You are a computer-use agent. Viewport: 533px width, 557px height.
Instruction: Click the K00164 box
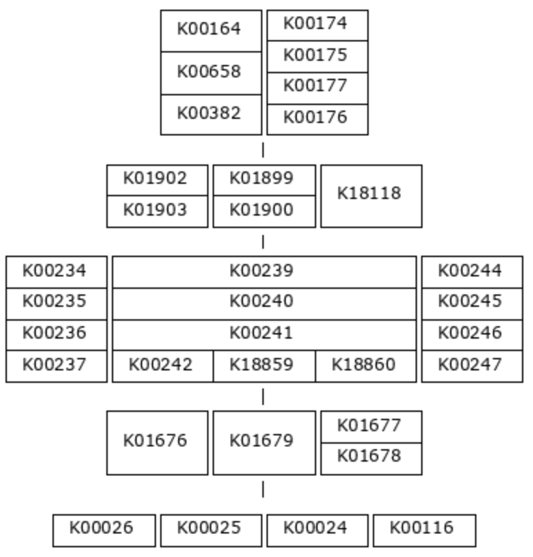pyautogui.click(x=211, y=31)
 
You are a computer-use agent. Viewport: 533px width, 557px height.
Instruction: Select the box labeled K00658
pyautogui.click(x=211, y=73)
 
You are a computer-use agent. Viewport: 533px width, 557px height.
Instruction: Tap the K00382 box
pyautogui.click(x=211, y=115)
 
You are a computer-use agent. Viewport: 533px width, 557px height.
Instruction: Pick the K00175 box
pyautogui.click(x=318, y=57)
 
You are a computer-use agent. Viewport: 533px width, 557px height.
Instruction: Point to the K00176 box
pyautogui.click(x=318, y=120)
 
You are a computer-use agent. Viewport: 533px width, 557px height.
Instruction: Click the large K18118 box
pyautogui.click(x=371, y=196)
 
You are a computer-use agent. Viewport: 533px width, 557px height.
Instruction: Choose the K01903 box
pyautogui.click(x=157, y=211)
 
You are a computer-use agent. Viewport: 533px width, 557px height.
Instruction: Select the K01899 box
pyautogui.click(x=264, y=180)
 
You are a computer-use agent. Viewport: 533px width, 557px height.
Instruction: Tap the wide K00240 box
pyautogui.click(x=264, y=304)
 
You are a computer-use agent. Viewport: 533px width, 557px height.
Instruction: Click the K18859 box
pyautogui.click(x=264, y=366)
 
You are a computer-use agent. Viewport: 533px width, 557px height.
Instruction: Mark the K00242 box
pyautogui.click(x=163, y=366)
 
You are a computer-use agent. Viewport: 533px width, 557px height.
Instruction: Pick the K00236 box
pyautogui.click(x=57, y=335)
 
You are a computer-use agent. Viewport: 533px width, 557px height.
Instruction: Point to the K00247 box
pyautogui.click(x=472, y=366)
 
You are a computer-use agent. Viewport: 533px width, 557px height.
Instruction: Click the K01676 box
pyautogui.click(x=157, y=443)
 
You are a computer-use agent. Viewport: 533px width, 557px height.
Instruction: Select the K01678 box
pyautogui.click(x=371, y=459)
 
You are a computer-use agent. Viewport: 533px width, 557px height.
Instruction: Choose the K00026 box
pyautogui.click(x=104, y=530)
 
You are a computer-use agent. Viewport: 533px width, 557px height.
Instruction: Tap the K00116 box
pyautogui.click(x=425, y=530)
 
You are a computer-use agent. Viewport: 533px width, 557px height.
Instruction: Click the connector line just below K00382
pyautogui.click(x=263, y=150)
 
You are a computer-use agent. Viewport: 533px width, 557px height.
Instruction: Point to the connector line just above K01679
pyautogui.click(x=263, y=397)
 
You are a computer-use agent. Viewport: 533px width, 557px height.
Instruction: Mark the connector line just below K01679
pyautogui.click(x=263, y=489)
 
